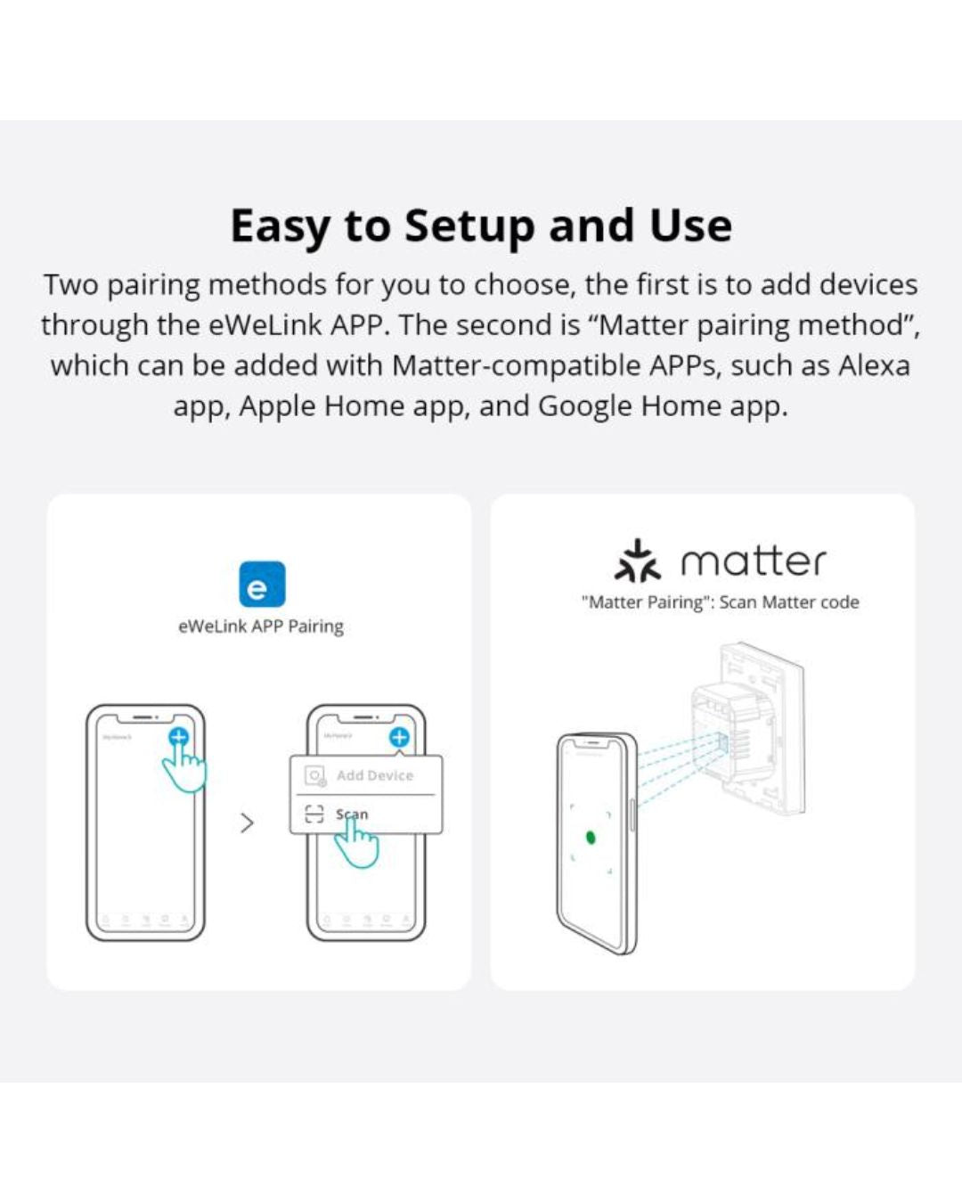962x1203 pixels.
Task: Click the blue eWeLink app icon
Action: (262, 584)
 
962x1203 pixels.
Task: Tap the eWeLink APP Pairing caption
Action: (261, 626)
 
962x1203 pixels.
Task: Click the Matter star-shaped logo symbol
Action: (637, 561)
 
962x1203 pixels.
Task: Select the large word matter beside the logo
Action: (754, 561)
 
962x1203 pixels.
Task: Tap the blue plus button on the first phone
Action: (178, 737)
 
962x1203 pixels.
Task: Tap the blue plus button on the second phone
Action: (399, 737)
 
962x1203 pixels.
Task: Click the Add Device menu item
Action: (374, 775)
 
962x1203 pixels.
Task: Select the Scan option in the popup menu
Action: (350, 814)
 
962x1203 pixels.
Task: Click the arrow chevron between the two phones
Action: (247, 823)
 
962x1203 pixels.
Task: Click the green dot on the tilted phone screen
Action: (590, 838)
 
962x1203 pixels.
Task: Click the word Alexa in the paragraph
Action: (874, 365)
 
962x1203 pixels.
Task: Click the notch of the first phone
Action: (145, 717)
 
